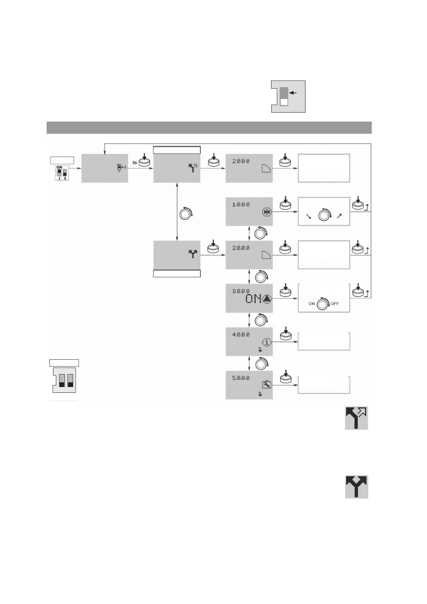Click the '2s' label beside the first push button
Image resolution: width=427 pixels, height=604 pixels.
coord(134,162)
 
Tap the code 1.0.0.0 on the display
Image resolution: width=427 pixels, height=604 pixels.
coord(241,205)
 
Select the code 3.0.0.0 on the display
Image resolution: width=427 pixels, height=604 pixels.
coord(241,291)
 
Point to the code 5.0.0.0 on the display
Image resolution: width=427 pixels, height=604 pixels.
coord(241,378)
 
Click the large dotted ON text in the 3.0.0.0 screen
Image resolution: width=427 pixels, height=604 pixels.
coord(253,299)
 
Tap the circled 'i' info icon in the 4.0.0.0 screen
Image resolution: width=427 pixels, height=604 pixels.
coord(266,342)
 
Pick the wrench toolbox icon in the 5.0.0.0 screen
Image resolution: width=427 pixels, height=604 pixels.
coord(266,385)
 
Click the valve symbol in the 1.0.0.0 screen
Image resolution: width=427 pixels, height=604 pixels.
coord(266,212)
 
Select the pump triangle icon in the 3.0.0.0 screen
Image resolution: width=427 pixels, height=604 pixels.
coord(267,299)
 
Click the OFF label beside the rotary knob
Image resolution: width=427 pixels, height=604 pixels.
coord(335,304)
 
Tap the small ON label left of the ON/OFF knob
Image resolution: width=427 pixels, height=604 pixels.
coord(312,304)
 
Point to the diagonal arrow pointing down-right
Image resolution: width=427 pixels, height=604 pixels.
coord(308,216)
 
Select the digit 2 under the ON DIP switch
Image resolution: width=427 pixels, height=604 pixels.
coord(65,178)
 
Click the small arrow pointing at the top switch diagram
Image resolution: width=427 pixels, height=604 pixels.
coord(293,93)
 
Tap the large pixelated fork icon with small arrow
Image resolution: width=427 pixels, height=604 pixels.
coord(356,418)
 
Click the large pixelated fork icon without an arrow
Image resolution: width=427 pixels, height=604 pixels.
coord(356,487)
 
